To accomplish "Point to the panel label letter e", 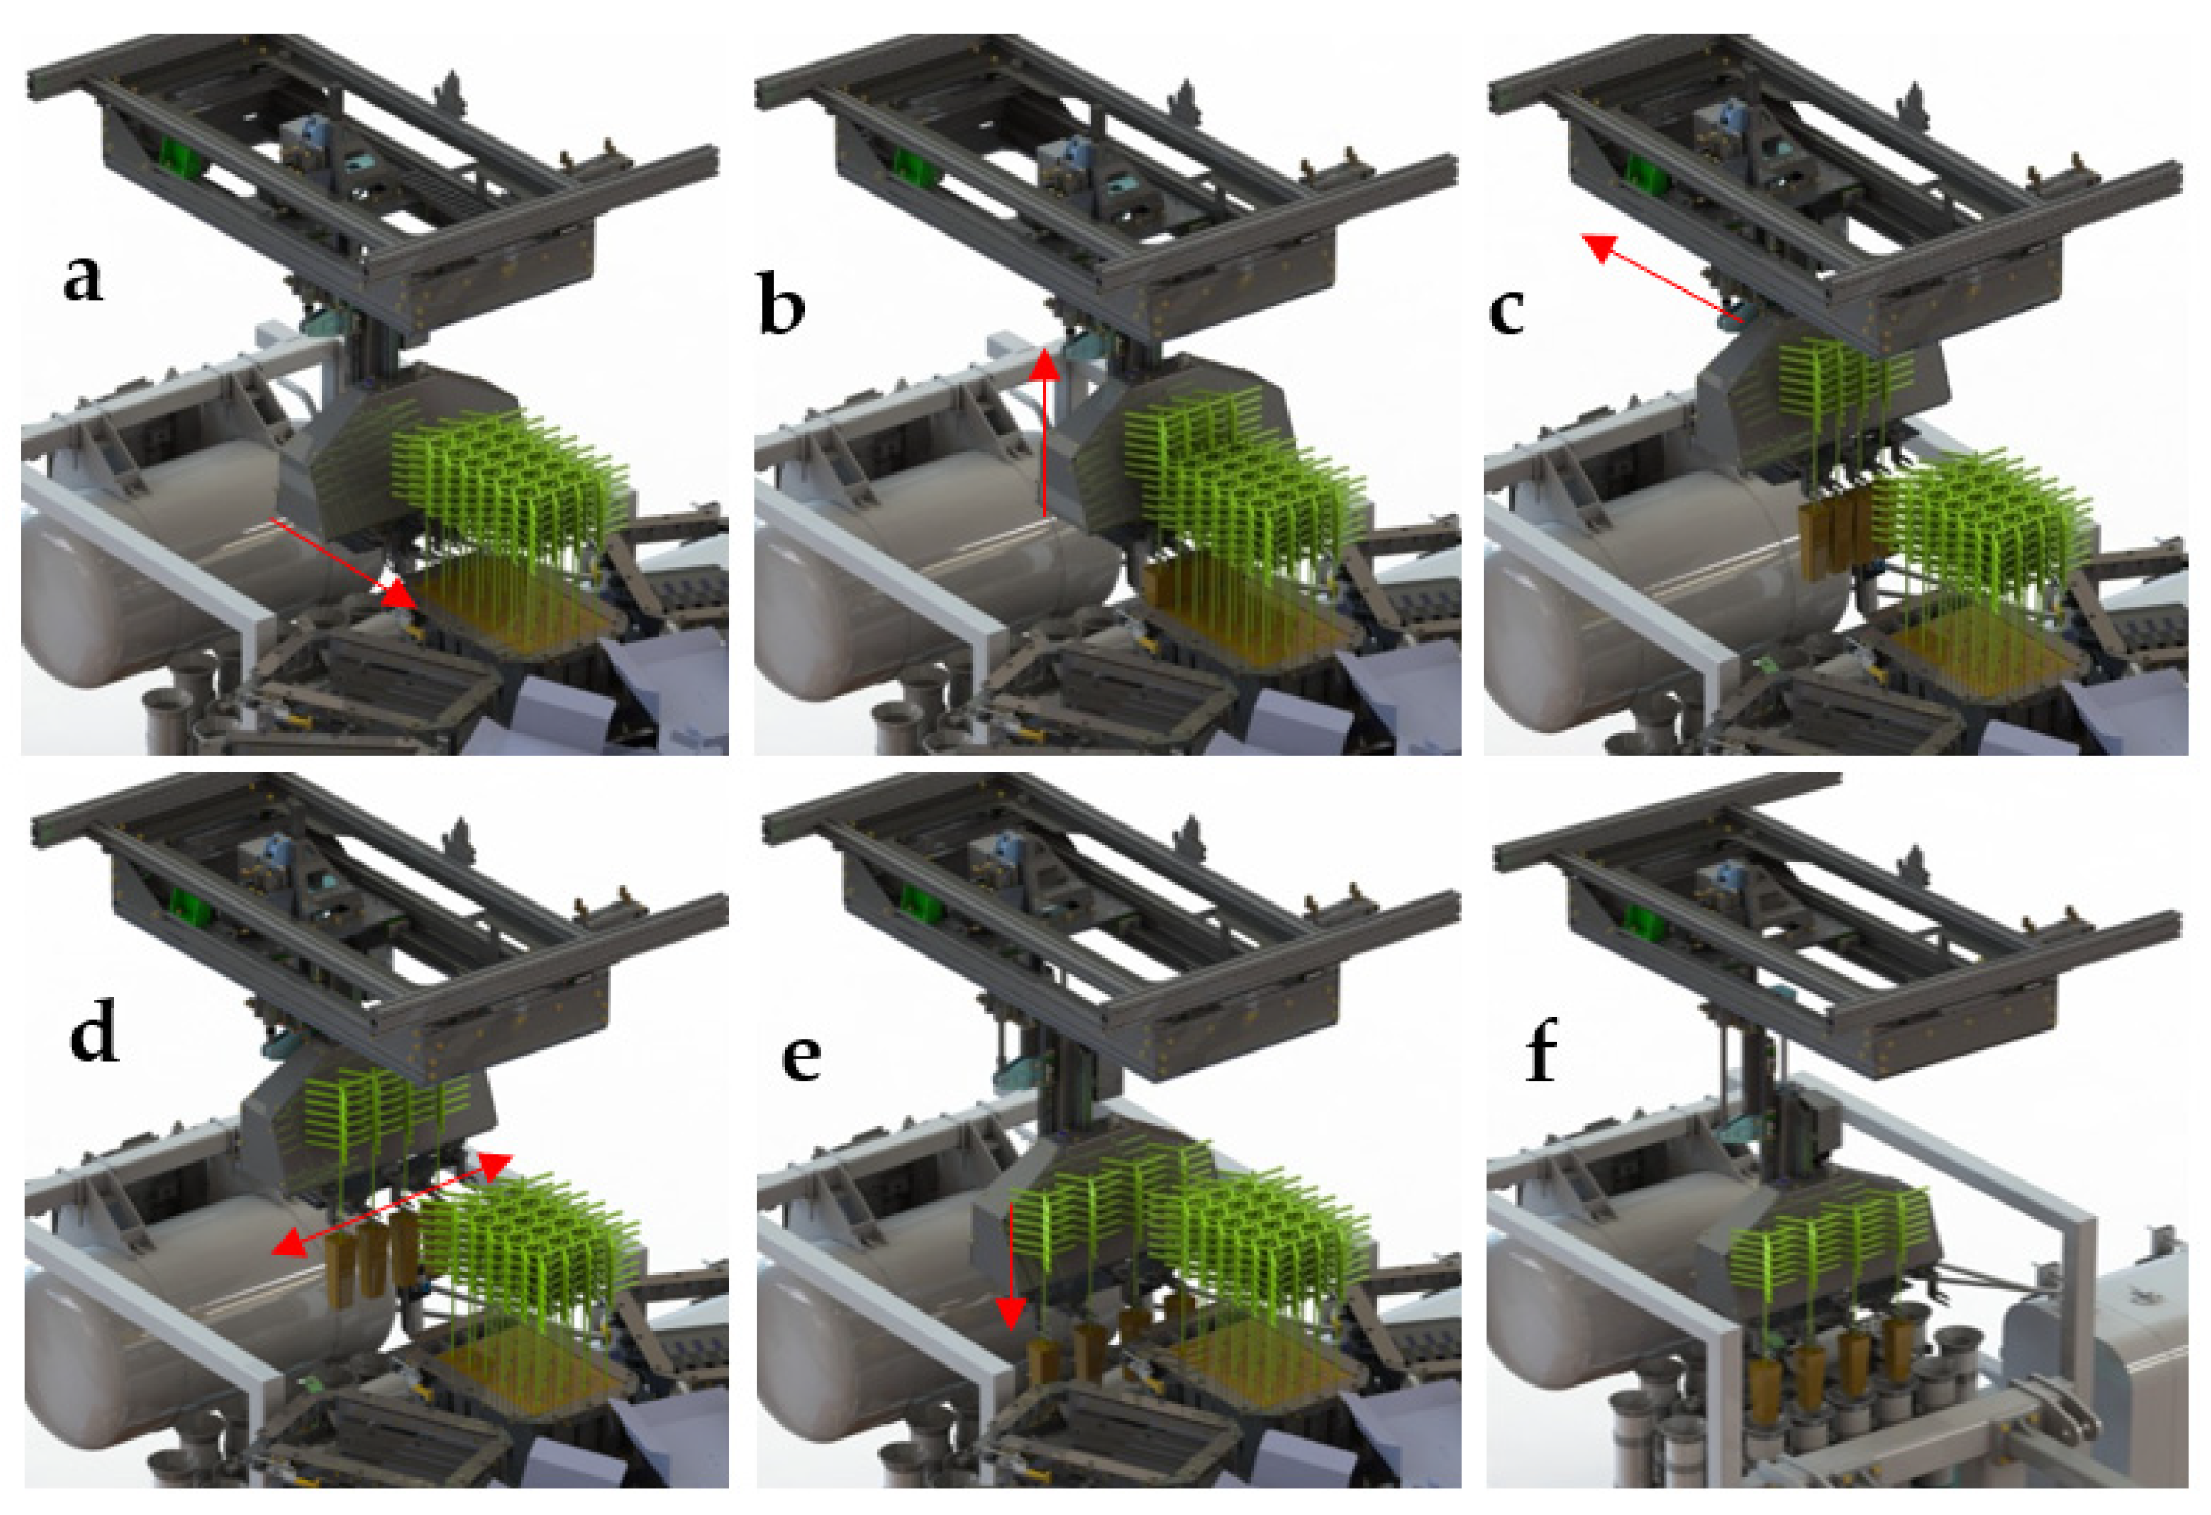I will pyautogui.click(x=800, y=1057).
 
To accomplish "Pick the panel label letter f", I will pyautogui.click(x=1540, y=1054).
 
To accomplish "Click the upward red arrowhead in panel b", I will pyautogui.click(x=1045, y=366).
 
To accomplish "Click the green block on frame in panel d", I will pyautogui.click(x=188, y=909).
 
